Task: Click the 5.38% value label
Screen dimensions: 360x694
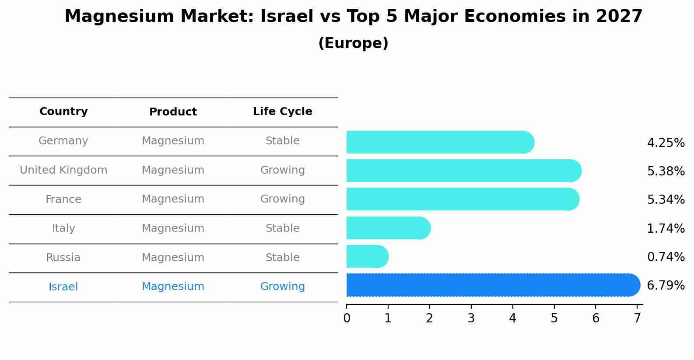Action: pyautogui.click(x=666, y=171)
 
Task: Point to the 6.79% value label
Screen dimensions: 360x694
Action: pyautogui.click(x=666, y=285)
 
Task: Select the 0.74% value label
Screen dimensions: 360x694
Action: pyautogui.click(x=666, y=257)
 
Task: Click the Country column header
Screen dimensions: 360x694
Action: pyautogui.click(x=63, y=112)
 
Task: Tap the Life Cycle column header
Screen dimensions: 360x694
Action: pyautogui.click(x=282, y=112)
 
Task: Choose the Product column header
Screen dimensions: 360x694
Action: pyautogui.click(x=173, y=112)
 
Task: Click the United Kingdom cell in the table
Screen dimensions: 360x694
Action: pyautogui.click(x=63, y=170)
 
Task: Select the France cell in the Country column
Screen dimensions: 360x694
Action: pyautogui.click(x=63, y=199)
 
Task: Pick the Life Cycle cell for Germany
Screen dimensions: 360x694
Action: pyautogui.click(x=282, y=141)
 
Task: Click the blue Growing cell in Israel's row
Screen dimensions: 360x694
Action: pyautogui.click(x=282, y=287)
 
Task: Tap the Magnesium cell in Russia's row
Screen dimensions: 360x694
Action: pyautogui.click(x=173, y=258)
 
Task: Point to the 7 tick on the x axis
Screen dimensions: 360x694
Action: pyautogui.click(x=637, y=318)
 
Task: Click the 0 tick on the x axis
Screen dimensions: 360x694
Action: pyautogui.click(x=347, y=318)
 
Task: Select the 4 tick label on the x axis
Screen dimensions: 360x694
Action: pyautogui.click(x=512, y=318)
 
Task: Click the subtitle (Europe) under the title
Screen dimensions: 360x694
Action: pyautogui.click(x=353, y=43)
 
